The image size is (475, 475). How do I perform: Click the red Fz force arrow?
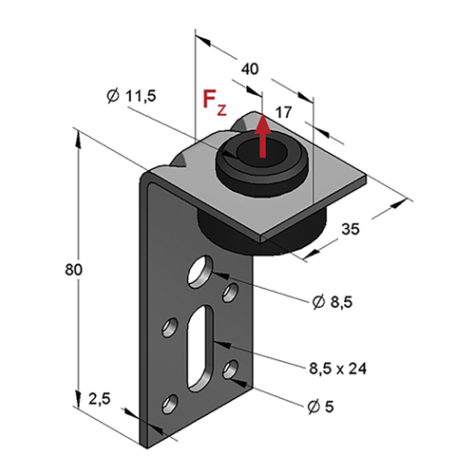pyautogui.click(x=262, y=136)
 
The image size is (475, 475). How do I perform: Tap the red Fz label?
pyautogui.click(x=215, y=103)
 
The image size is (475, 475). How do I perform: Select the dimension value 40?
pyautogui.click(x=250, y=68)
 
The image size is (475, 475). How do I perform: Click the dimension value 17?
pyautogui.click(x=283, y=112)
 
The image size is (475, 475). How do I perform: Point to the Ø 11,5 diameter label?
pyautogui.click(x=131, y=96)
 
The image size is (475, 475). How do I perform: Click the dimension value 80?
pyautogui.click(x=73, y=270)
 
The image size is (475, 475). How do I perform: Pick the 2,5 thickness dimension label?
pyautogui.click(x=100, y=399)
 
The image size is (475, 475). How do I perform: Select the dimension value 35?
pyautogui.click(x=351, y=229)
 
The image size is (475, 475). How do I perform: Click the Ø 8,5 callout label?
pyautogui.click(x=332, y=302)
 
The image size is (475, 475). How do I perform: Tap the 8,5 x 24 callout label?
pyautogui.click(x=338, y=369)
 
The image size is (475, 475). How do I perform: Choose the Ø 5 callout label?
pyautogui.click(x=320, y=407)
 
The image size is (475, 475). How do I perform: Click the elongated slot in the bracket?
pyautogui.click(x=200, y=347)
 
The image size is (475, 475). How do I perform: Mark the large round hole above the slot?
pyautogui.click(x=200, y=271)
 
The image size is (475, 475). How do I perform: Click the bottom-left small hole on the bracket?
pyautogui.click(x=169, y=404)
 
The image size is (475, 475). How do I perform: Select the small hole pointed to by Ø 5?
pyautogui.click(x=231, y=370)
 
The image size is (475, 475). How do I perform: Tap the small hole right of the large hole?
pyautogui.click(x=231, y=293)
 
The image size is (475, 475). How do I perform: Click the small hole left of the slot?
pyautogui.click(x=169, y=327)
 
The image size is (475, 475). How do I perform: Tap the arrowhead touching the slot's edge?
pyautogui.click(x=221, y=344)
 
